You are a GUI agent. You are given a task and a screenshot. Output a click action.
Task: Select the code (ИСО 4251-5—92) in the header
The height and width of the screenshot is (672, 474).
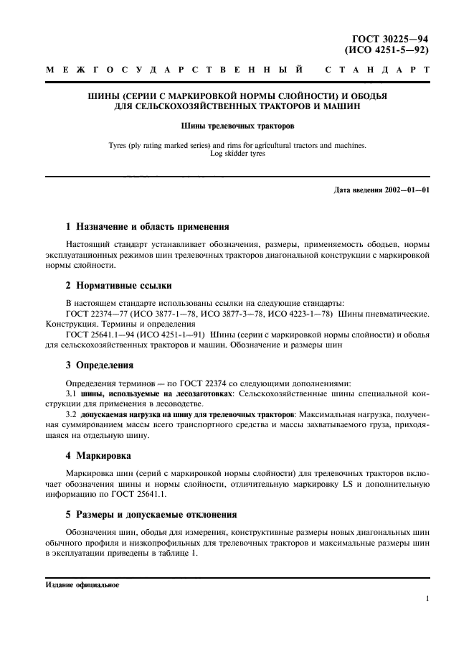tap(389, 50)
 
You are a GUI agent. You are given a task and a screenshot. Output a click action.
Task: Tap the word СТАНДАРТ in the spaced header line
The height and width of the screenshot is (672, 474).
tap(378, 70)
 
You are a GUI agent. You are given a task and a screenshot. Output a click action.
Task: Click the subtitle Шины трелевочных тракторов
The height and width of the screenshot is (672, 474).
tap(237, 126)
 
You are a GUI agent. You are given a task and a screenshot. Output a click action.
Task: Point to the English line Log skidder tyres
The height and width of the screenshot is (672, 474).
tap(237, 153)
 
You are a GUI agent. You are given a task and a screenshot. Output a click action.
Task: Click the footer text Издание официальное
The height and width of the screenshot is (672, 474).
tap(82, 584)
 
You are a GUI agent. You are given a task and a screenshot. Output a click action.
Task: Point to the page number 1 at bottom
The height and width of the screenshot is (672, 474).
tap(427, 598)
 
